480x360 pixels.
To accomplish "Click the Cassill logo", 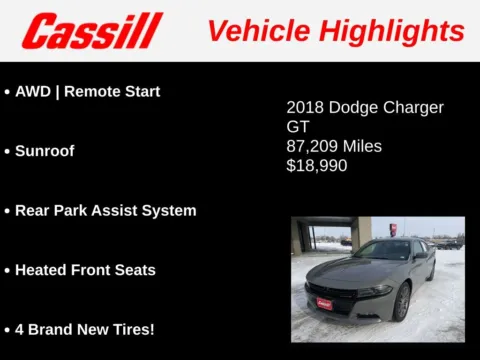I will point(92,30).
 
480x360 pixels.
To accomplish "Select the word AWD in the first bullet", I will point(32,91).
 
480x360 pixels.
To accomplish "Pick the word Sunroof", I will point(44,151).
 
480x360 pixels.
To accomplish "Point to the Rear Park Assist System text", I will point(105,211).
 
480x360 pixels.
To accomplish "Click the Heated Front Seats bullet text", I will point(85,270).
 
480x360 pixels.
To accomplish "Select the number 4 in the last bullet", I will point(19,329).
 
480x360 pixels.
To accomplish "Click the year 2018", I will point(305,107).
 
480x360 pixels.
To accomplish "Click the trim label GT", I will point(298,127).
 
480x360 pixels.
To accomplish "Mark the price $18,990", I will point(317,166).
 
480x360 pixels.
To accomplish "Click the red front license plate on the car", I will point(323,302).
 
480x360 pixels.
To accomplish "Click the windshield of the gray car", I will point(383,250).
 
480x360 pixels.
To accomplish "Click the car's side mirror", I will point(420,256).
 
